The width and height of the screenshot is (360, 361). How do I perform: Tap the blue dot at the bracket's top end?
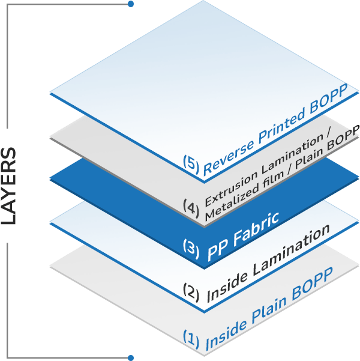pyautogui.click(x=130, y=5)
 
